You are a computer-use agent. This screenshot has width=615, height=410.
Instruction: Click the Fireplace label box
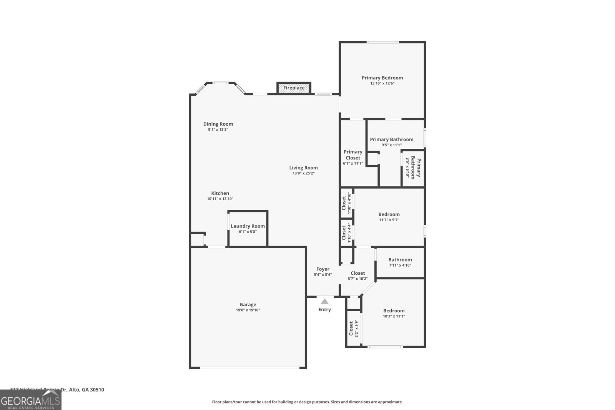click(294, 88)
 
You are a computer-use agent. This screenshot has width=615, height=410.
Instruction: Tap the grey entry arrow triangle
click(325, 301)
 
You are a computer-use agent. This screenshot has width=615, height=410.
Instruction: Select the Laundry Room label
click(248, 226)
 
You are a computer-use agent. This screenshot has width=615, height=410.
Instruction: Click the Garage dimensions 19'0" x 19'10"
click(248, 310)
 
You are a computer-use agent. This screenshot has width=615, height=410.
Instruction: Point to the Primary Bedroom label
click(382, 78)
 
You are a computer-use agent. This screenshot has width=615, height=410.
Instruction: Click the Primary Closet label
click(353, 155)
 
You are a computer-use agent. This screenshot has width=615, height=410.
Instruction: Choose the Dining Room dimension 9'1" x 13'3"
click(218, 130)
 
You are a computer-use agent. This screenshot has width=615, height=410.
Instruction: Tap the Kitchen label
click(220, 193)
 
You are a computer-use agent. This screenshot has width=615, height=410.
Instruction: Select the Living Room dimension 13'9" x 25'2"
click(303, 173)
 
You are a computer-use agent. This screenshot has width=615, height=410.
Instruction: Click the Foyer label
click(323, 269)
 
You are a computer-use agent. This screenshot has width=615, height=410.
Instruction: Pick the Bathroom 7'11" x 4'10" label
click(400, 260)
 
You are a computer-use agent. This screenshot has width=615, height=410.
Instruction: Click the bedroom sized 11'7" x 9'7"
click(389, 215)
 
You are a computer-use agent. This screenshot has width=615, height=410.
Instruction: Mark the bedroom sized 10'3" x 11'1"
click(394, 311)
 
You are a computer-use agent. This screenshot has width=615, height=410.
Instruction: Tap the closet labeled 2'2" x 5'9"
click(353, 329)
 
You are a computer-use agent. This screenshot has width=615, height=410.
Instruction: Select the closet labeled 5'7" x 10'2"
click(357, 273)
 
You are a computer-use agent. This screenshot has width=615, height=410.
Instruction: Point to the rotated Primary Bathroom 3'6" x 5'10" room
click(414, 168)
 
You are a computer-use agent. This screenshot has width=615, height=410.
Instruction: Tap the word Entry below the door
click(324, 310)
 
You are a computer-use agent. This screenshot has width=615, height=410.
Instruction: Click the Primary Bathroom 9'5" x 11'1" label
click(391, 139)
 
